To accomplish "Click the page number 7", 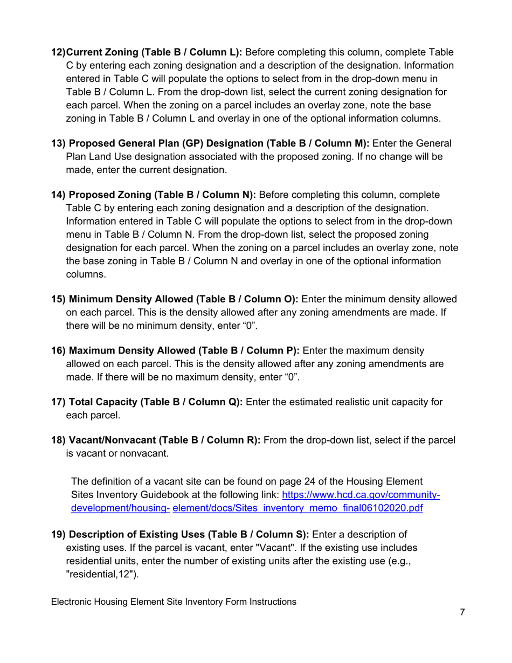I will (x=462, y=612).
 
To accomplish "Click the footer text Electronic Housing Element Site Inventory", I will (x=173, y=602).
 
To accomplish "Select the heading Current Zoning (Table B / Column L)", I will (x=154, y=52).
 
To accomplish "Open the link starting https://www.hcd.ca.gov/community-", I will (x=361, y=494).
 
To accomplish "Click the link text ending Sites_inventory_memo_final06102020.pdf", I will (x=297, y=508).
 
